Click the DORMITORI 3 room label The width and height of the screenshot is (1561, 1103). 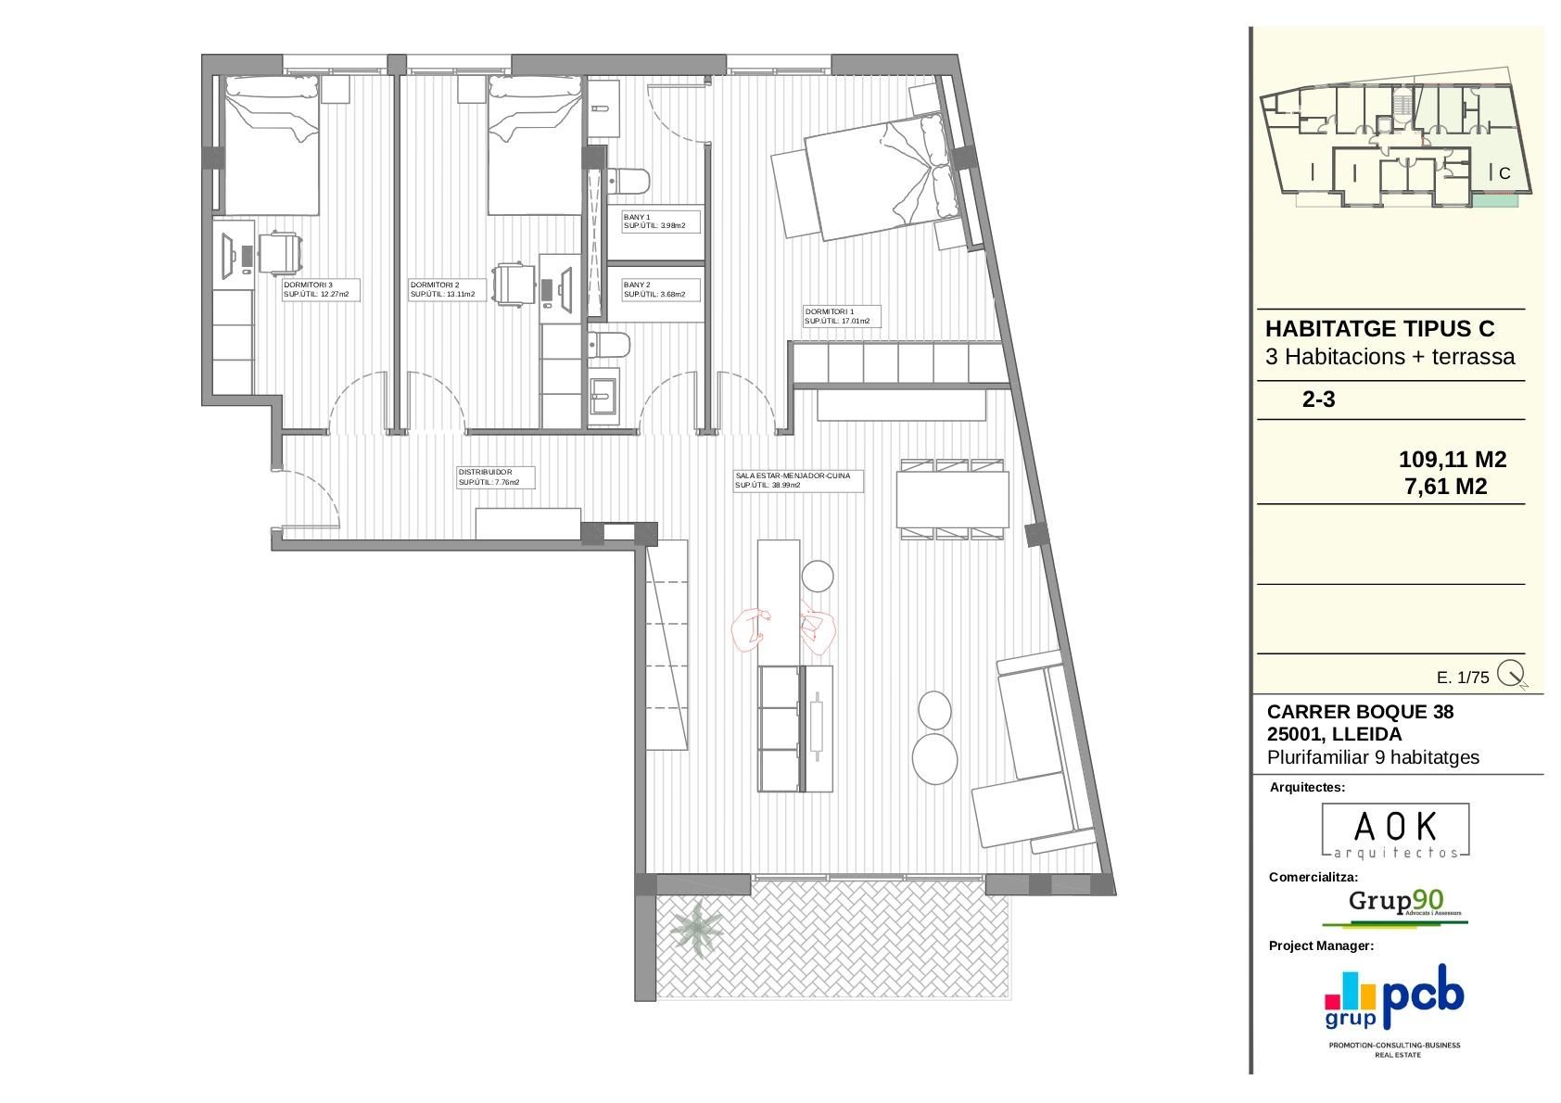click(321, 289)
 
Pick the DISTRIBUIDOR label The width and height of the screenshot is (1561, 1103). click(495, 477)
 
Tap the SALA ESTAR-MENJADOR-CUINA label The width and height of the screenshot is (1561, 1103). click(797, 480)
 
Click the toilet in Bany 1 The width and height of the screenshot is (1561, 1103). click(628, 180)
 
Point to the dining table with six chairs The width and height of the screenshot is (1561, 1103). click(952, 499)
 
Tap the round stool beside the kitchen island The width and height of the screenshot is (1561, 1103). click(818, 576)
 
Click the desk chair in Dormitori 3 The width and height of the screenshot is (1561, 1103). click(280, 253)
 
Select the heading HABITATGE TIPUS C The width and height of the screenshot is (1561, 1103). click(1379, 329)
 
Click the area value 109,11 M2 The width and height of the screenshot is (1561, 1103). click(1452, 459)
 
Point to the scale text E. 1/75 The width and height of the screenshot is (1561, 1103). click(1462, 678)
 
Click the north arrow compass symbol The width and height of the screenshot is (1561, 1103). click(1511, 674)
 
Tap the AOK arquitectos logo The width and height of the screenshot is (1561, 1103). click(1394, 830)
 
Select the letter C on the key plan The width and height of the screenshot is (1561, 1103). click(1504, 173)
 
